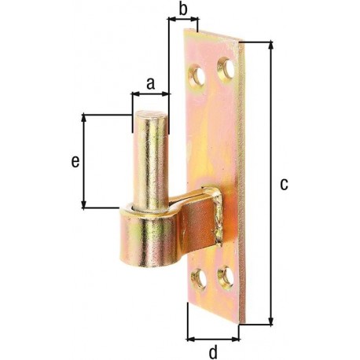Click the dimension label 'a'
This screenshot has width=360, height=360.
click(150, 84)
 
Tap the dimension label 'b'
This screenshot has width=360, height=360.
click(183, 9)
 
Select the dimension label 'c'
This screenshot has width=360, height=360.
click(284, 184)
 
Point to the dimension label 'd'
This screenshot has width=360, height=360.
click(213, 352)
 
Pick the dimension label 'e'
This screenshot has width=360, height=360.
click(75, 161)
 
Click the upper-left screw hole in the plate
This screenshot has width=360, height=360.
click(197, 76)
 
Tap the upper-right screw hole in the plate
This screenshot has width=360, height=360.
click(226, 68)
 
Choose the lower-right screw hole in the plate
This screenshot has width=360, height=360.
click(226, 277)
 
